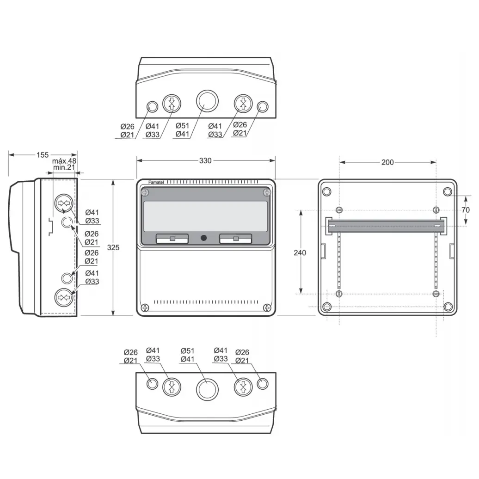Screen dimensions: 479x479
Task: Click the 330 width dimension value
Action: (x=205, y=161)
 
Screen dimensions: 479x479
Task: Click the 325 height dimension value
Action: (x=113, y=248)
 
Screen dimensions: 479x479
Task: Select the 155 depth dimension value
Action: (x=43, y=155)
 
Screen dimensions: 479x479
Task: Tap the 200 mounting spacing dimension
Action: (x=387, y=162)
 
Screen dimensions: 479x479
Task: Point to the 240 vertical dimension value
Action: (x=300, y=252)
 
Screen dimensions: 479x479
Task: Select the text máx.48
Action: (x=64, y=161)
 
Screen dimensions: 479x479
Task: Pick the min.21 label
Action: (x=64, y=167)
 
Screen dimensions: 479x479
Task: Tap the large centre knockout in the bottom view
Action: (x=207, y=389)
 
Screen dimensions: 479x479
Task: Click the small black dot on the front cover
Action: (x=203, y=238)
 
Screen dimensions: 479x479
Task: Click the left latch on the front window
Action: (x=172, y=239)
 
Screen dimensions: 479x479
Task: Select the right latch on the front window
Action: (x=235, y=239)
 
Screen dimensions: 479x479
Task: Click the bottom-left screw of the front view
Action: (x=145, y=307)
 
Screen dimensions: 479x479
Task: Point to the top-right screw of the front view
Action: (x=266, y=192)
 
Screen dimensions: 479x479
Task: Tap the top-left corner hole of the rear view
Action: (x=326, y=192)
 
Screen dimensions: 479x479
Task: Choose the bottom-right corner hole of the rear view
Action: (x=447, y=307)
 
